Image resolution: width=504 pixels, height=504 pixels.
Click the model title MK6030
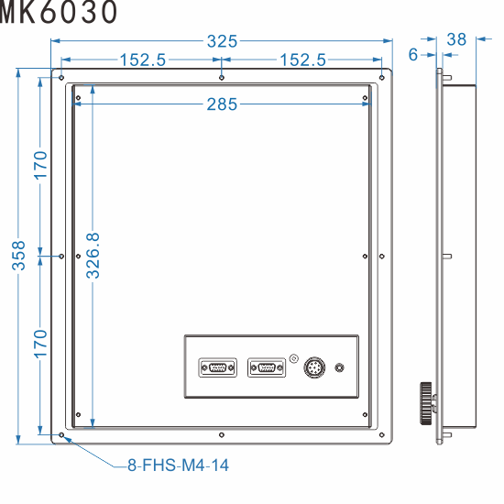click(59, 13)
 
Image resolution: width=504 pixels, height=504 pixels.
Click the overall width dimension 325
click(222, 41)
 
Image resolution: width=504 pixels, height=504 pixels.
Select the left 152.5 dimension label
click(142, 60)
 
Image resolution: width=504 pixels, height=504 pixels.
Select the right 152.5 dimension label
click(302, 60)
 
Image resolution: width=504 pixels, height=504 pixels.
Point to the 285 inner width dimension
click(222, 104)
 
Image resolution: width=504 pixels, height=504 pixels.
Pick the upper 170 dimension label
click(41, 166)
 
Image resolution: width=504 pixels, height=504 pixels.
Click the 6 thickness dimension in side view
click(414, 55)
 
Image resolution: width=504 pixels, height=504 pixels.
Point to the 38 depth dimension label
click(457, 39)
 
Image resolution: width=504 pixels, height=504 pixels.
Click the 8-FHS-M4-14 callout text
click(179, 466)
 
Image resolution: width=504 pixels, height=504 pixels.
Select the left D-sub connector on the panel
click(217, 368)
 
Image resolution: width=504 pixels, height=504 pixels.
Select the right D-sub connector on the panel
click(266, 368)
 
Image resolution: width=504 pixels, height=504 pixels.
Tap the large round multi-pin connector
click(314, 367)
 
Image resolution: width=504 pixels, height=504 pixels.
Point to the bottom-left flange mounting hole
click(61, 434)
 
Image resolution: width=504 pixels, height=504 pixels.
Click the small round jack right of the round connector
click(340, 368)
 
